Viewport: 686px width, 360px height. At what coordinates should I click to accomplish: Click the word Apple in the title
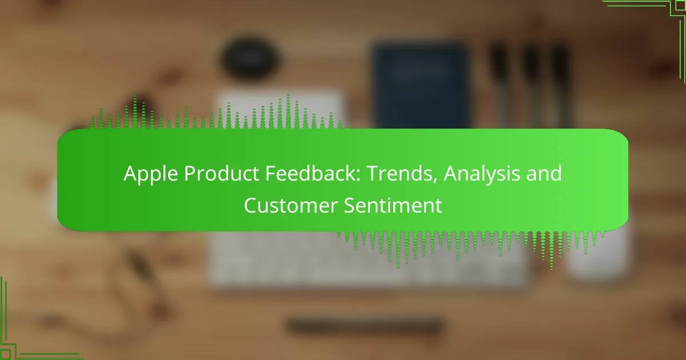coord(151,174)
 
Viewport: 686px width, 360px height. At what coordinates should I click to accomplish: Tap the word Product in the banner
coord(221,173)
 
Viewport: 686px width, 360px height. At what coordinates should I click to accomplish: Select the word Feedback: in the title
coord(313,173)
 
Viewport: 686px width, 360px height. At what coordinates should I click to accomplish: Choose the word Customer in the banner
coord(290,205)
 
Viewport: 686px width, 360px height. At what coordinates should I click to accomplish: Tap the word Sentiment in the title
coord(393,205)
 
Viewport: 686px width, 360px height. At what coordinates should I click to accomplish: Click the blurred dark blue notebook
coord(420,86)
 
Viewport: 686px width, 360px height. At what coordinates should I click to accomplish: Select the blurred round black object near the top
coord(250,58)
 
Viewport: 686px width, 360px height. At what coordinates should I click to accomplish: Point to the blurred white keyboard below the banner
coord(368,260)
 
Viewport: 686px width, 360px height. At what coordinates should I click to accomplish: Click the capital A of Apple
coord(130,174)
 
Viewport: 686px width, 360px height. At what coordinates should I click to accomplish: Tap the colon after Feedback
coord(358,176)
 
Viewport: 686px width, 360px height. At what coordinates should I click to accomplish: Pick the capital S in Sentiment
coord(349,205)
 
